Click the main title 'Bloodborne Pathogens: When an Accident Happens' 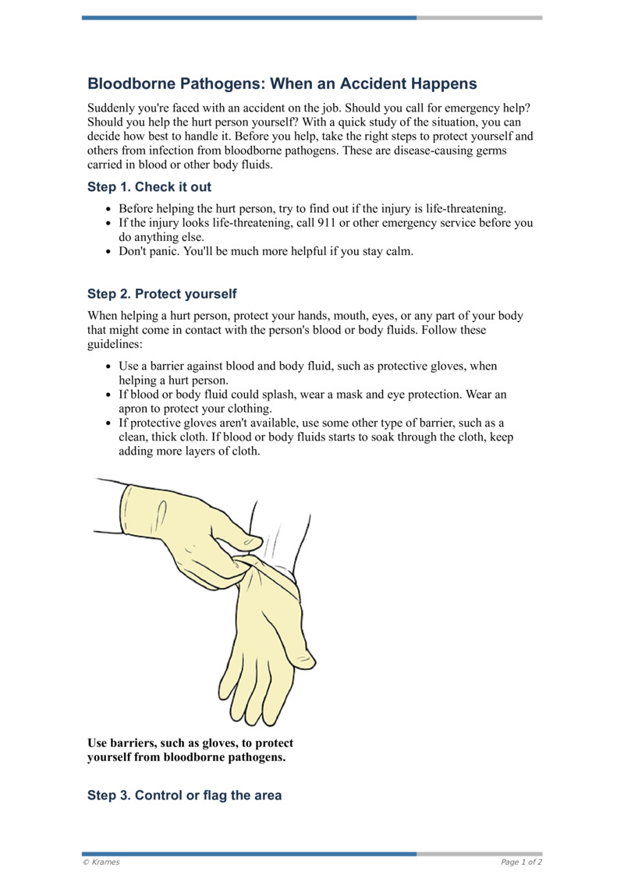282,83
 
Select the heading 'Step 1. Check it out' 149,187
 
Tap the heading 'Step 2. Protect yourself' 161,294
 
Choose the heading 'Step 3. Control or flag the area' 184,795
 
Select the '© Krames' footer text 101,863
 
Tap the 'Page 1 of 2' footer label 521,863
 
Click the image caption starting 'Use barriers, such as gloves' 190,750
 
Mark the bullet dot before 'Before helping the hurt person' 108,209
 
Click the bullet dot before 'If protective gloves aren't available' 108,423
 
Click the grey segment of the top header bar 479,17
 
